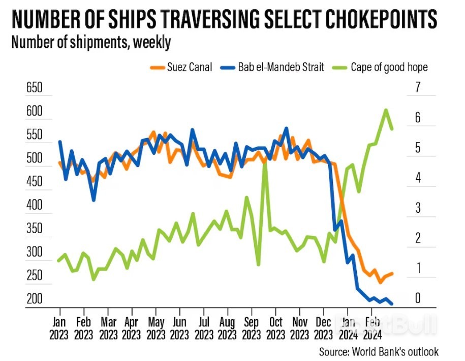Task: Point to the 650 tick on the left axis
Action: pyautogui.click(x=35, y=88)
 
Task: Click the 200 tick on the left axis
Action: pyautogui.click(x=35, y=299)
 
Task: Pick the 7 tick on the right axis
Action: pyautogui.click(x=418, y=88)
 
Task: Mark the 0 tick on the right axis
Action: pyautogui.click(x=418, y=298)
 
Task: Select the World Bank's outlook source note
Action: pyautogui.click(x=379, y=352)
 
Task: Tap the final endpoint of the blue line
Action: pyautogui.click(x=392, y=304)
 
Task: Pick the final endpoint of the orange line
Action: pyautogui.click(x=392, y=273)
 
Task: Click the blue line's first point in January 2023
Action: pyautogui.click(x=59, y=142)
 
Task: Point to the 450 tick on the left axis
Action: pyautogui.click(x=35, y=182)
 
